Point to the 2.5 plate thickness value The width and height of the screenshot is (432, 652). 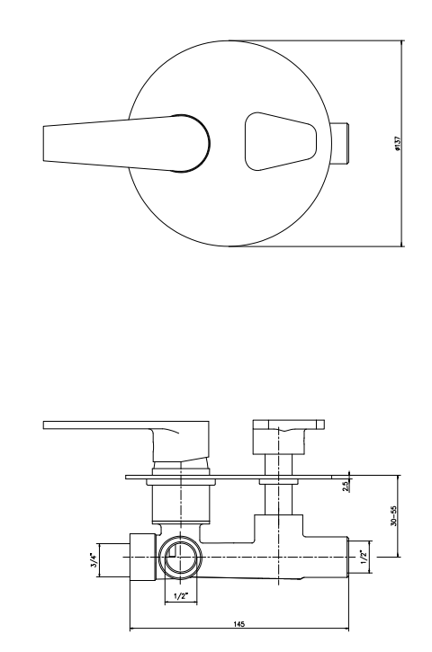click(345, 487)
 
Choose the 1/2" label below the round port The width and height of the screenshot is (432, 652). click(181, 595)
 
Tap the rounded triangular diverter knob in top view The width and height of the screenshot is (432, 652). click(279, 142)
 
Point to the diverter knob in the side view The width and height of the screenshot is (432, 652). click(288, 427)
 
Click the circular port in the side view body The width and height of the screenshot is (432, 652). click(181, 558)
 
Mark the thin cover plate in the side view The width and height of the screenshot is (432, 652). click(234, 477)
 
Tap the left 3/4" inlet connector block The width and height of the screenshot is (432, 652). click(142, 558)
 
